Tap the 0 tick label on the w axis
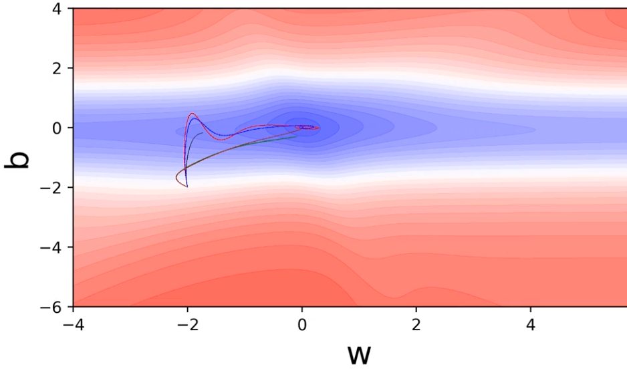pos(301,323)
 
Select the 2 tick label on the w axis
pos(416,323)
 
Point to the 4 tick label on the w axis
pos(530,323)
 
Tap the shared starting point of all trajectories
pos(187,187)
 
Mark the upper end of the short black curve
pos(203,133)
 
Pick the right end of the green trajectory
pos(296,136)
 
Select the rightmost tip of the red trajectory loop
pos(320,128)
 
